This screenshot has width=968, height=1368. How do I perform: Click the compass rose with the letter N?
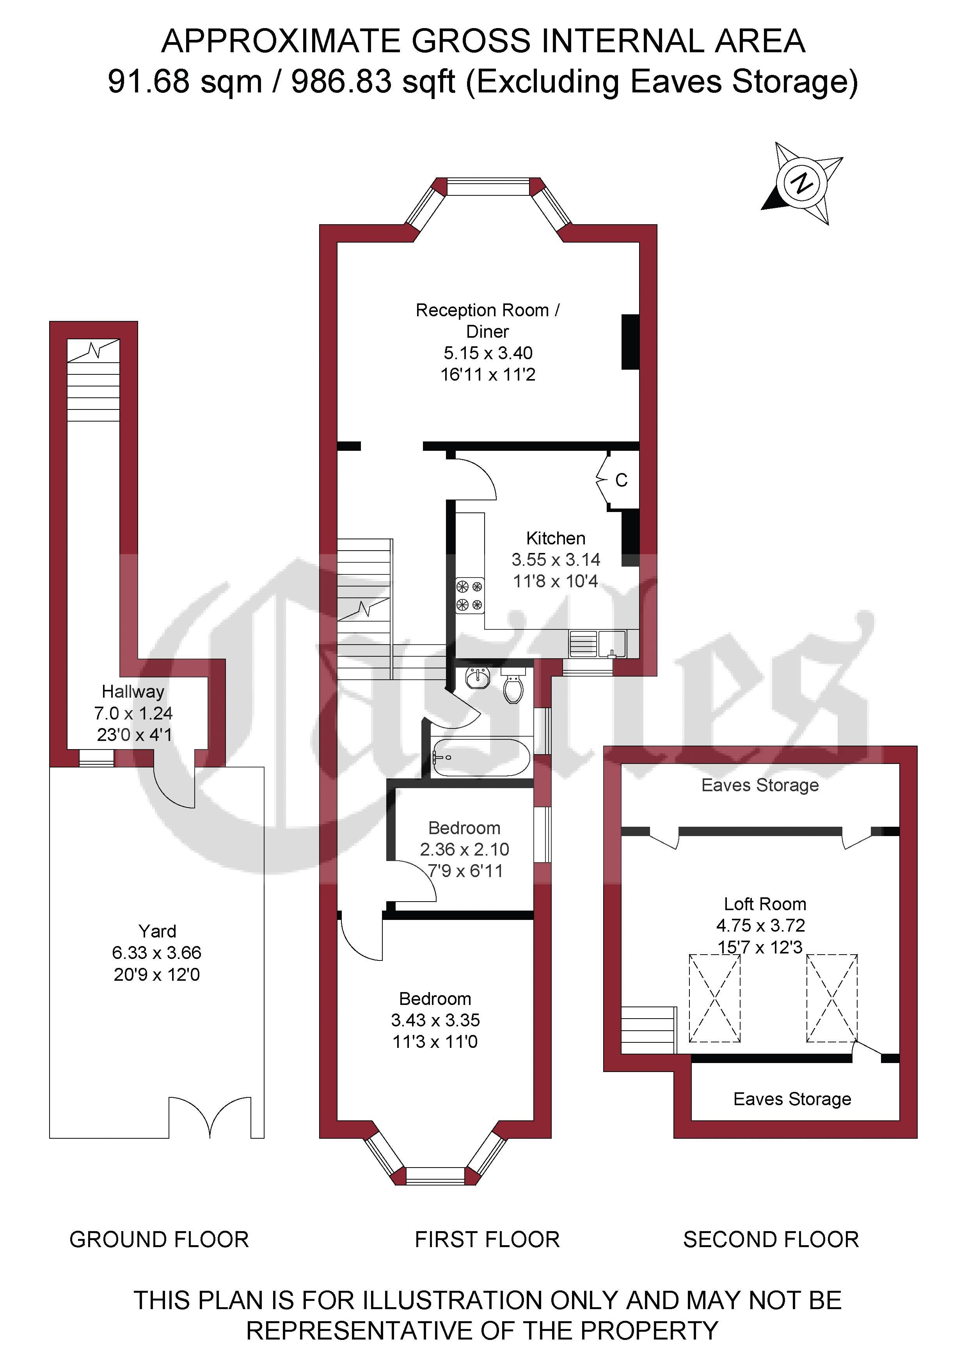point(802,183)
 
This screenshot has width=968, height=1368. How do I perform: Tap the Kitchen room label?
point(556,538)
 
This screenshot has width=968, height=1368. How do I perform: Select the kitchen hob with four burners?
point(470,596)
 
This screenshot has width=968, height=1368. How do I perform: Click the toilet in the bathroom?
point(513,685)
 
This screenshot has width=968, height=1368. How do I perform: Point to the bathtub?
point(481,757)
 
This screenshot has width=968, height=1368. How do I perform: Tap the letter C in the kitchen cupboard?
point(621,480)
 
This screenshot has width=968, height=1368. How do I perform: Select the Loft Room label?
point(765,904)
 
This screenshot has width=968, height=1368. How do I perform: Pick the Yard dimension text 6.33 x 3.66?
point(157,953)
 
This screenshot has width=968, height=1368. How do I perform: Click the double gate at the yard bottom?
point(210,1117)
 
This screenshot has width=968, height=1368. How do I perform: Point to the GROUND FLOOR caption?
point(159,1240)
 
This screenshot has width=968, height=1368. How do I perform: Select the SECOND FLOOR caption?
point(771,1240)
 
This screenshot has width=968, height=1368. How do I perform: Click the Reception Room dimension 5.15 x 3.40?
point(488,353)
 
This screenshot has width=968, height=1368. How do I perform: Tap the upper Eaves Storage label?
point(760,785)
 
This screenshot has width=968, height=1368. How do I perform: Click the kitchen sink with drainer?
point(597,643)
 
